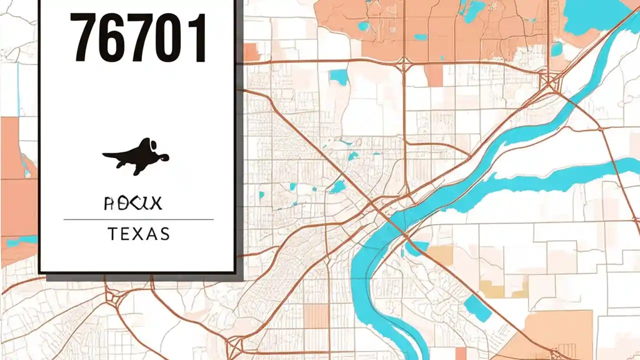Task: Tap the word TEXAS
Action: (x=138, y=233)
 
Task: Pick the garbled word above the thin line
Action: (x=132, y=203)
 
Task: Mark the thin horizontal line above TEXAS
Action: (x=138, y=219)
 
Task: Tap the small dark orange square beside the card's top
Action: (x=251, y=52)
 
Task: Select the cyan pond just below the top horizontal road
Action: (x=338, y=76)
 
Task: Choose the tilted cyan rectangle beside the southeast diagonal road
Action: (x=477, y=308)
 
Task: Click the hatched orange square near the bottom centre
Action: (x=316, y=316)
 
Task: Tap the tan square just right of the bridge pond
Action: (x=440, y=254)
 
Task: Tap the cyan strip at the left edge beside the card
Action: (x=20, y=241)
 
